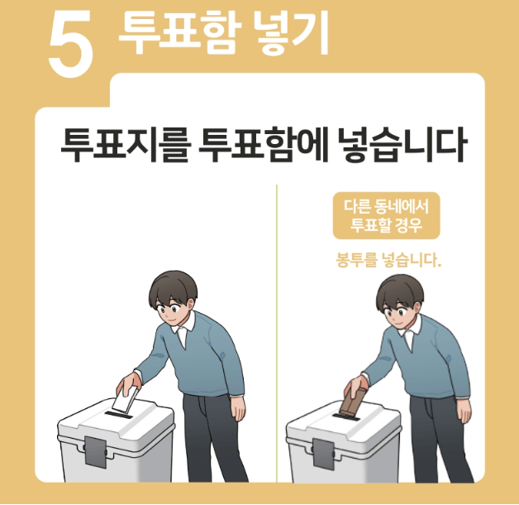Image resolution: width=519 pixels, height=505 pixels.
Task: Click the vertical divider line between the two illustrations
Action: click(x=276, y=331)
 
